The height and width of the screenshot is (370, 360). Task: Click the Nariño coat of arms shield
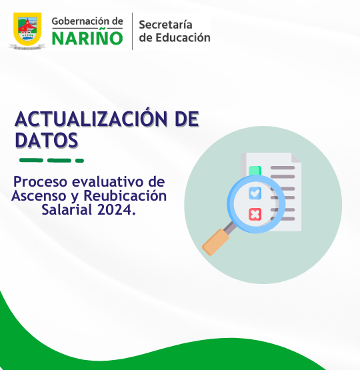pyautogui.click(x=27, y=29)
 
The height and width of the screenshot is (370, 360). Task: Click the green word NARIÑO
pyautogui.click(x=87, y=37)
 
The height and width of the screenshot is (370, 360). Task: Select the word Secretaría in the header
pyautogui.click(x=165, y=25)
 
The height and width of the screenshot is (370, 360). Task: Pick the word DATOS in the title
pyautogui.click(x=47, y=140)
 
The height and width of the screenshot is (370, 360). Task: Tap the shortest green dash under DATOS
pyautogui.click(x=79, y=161)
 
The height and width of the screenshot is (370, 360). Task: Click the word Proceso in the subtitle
pyautogui.click(x=41, y=182)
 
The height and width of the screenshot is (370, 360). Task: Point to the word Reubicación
pyautogui.click(x=125, y=196)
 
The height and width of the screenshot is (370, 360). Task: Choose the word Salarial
pyautogui.click(x=67, y=209)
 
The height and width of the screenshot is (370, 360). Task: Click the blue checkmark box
pyautogui.click(x=255, y=193)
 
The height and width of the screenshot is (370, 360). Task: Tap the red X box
pyautogui.click(x=255, y=214)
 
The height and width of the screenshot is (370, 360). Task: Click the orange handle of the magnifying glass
pyautogui.click(x=216, y=242)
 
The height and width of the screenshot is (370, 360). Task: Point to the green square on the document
pyautogui.click(x=255, y=171)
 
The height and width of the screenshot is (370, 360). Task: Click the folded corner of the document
pyautogui.click(x=296, y=157)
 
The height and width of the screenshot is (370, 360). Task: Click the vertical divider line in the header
pyautogui.click(x=133, y=31)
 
